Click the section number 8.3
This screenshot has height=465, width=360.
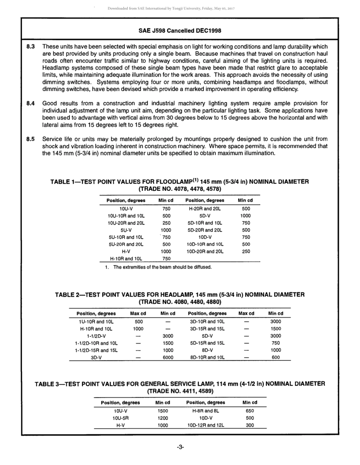(31, 46)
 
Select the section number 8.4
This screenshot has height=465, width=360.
(31, 103)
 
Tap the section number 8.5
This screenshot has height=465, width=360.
(31, 139)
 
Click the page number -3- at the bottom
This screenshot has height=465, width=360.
(180, 447)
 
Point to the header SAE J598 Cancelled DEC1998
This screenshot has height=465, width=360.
(180, 31)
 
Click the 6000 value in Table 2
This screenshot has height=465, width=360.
(168, 357)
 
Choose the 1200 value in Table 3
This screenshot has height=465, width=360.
(163, 418)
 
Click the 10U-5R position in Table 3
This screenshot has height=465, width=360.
(121, 418)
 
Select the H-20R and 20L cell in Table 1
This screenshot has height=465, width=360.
(205, 209)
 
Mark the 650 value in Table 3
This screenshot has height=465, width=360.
(250, 411)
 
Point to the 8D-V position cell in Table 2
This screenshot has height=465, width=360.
(207, 350)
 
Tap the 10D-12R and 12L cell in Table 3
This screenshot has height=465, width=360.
(206, 425)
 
